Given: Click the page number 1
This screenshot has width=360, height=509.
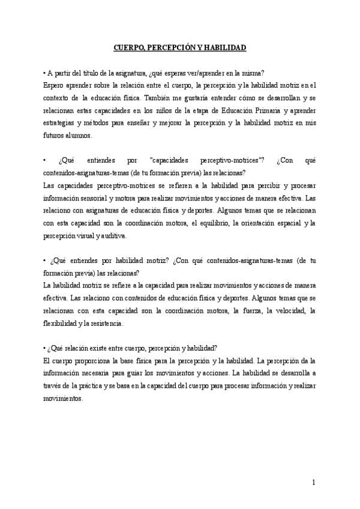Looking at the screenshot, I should (x=314, y=482).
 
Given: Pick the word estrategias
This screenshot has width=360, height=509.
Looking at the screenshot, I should (x=61, y=124).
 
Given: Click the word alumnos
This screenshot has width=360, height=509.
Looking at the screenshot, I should (x=78, y=136).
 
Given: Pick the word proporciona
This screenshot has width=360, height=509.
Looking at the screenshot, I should (x=93, y=361).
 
